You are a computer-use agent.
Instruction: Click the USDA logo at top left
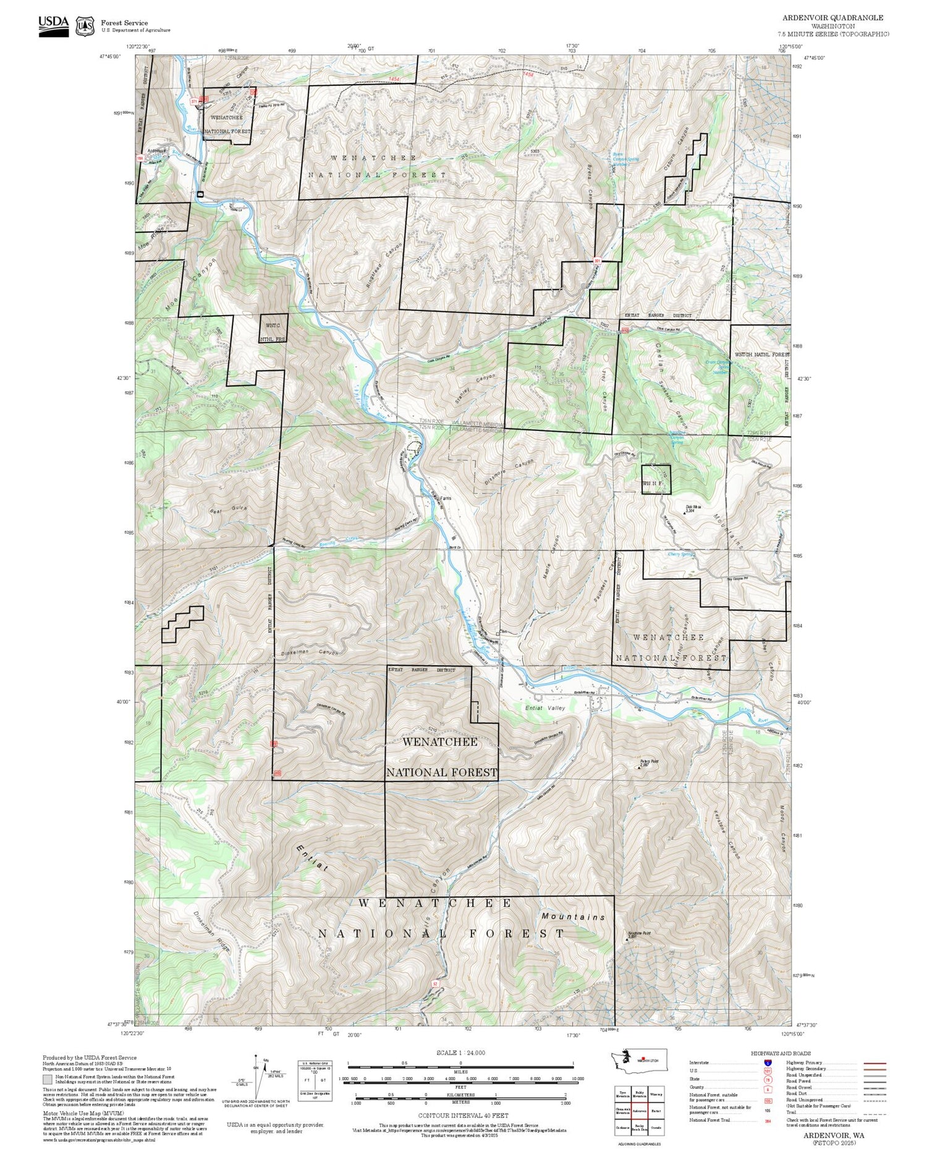coord(53,26)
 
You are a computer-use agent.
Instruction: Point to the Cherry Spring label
coord(682,554)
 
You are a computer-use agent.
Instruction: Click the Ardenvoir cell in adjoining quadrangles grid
coord(639,1110)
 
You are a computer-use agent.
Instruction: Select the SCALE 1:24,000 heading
coord(460,1053)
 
